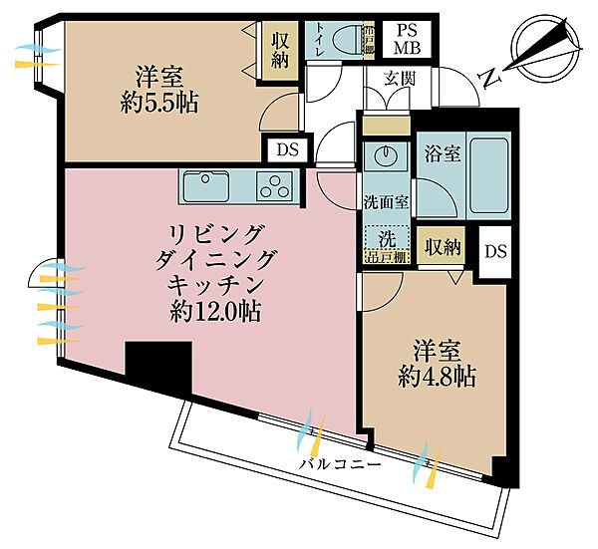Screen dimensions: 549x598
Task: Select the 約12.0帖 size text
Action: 215,312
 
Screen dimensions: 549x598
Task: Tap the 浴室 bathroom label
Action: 442,154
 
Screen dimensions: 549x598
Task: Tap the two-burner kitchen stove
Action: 273,186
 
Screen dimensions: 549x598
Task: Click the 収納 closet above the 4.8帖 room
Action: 439,246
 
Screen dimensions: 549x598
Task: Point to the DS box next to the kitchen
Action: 288,150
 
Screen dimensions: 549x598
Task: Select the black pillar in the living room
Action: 157,366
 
